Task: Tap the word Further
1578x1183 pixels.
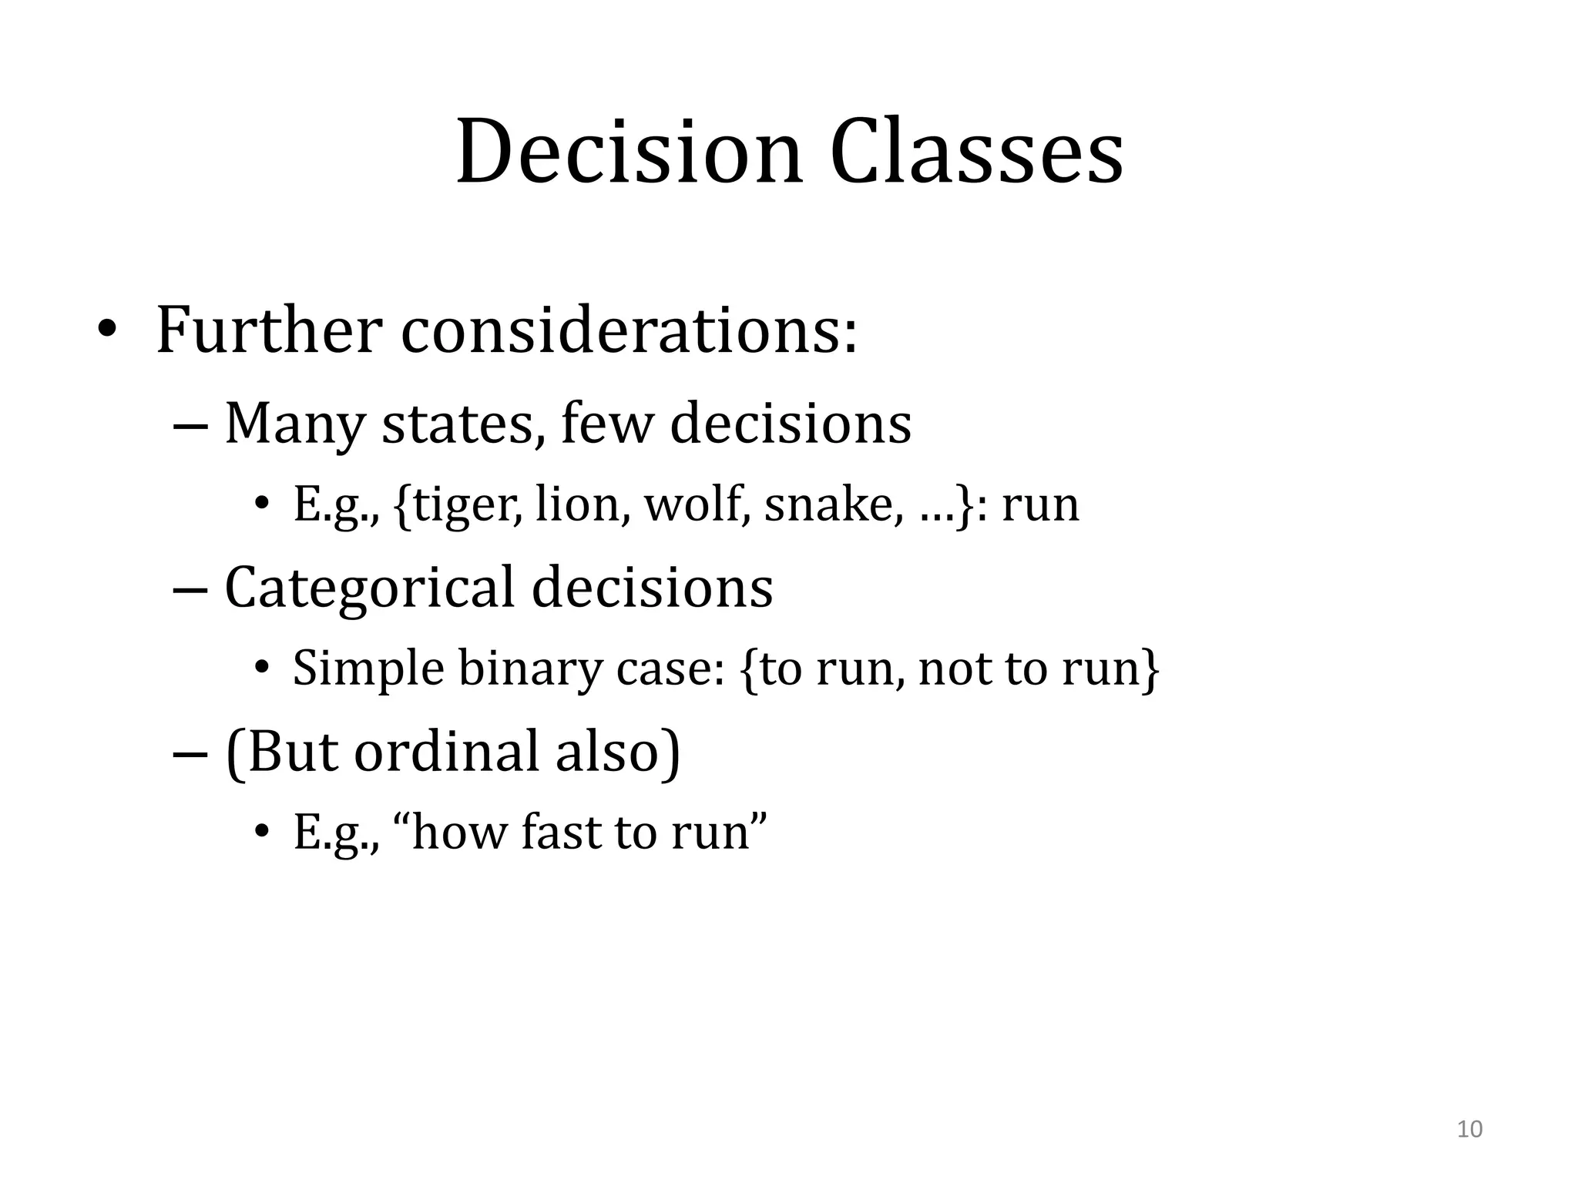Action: click(x=269, y=331)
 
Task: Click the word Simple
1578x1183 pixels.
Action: click(x=368, y=668)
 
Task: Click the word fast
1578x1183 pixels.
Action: click(x=559, y=833)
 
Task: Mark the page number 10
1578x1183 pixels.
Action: click(x=1469, y=1129)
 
